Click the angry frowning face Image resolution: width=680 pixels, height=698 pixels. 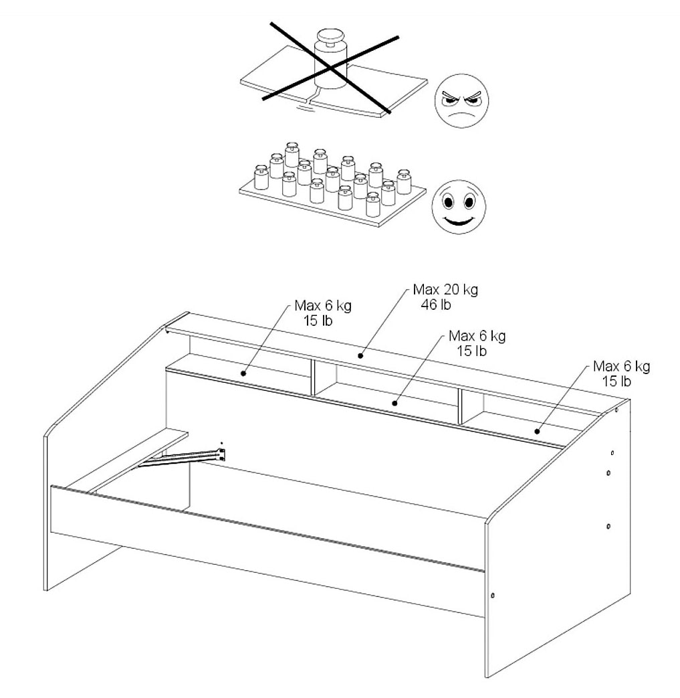[461, 100]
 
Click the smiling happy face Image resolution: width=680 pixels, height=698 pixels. [459, 207]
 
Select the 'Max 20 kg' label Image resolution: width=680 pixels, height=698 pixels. [445, 290]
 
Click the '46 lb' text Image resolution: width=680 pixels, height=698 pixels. [435, 305]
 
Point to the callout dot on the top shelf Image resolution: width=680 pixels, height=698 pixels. [360, 355]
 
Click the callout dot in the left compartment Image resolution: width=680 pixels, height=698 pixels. [243, 373]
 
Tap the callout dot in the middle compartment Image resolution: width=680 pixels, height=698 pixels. [394, 404]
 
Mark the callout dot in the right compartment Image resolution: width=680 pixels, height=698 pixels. [537, 431]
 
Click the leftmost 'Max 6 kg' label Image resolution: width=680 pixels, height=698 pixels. [323, 306]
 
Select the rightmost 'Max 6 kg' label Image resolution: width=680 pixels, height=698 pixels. [621, 366]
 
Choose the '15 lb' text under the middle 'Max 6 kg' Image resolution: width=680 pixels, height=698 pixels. [472, 351]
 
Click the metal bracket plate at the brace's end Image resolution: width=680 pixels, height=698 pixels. [221, 454]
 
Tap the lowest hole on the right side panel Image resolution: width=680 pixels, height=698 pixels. [608, 527]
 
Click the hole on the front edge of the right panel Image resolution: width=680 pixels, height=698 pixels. [493, 595]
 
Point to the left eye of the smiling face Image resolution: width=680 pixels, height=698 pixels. [448, 203]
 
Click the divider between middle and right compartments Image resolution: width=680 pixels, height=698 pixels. [460, 406]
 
